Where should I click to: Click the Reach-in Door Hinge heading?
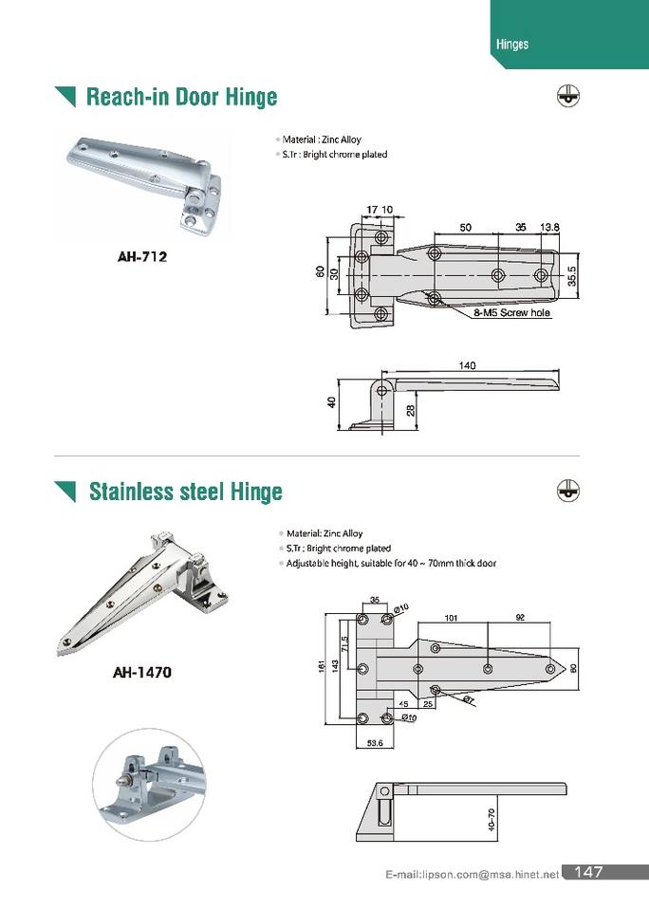(181, 97)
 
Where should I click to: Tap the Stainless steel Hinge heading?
(185, 492)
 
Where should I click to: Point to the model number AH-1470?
(142, 673)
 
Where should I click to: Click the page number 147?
(588, 872)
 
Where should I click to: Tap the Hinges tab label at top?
(512, 45)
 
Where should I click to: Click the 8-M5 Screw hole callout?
(512, 312)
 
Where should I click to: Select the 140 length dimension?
(466, 365)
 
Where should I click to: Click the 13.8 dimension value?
(549, 228)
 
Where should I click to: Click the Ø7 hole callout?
(469, 699)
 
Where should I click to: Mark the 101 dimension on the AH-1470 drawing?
(452, 618)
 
